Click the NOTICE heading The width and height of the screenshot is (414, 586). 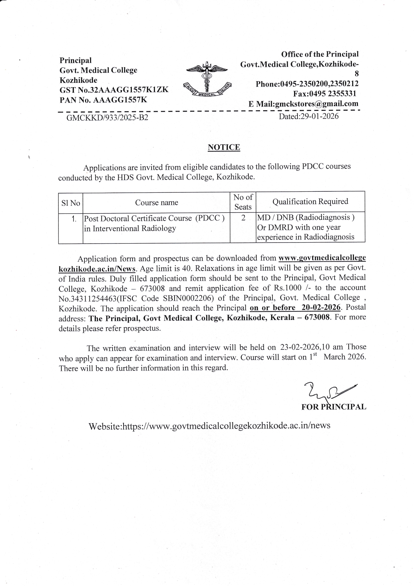[x=224, y=147]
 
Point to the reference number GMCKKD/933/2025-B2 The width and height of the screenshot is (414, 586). [x=107, y=117]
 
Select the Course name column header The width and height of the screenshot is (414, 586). [x=156, y=202]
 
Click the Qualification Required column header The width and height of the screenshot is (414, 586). [x=310, y=201]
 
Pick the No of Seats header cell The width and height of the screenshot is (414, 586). [x=243, y=202]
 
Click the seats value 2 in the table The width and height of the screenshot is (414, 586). [x=243, y=218]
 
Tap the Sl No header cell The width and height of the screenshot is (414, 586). [x=70, y=203]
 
